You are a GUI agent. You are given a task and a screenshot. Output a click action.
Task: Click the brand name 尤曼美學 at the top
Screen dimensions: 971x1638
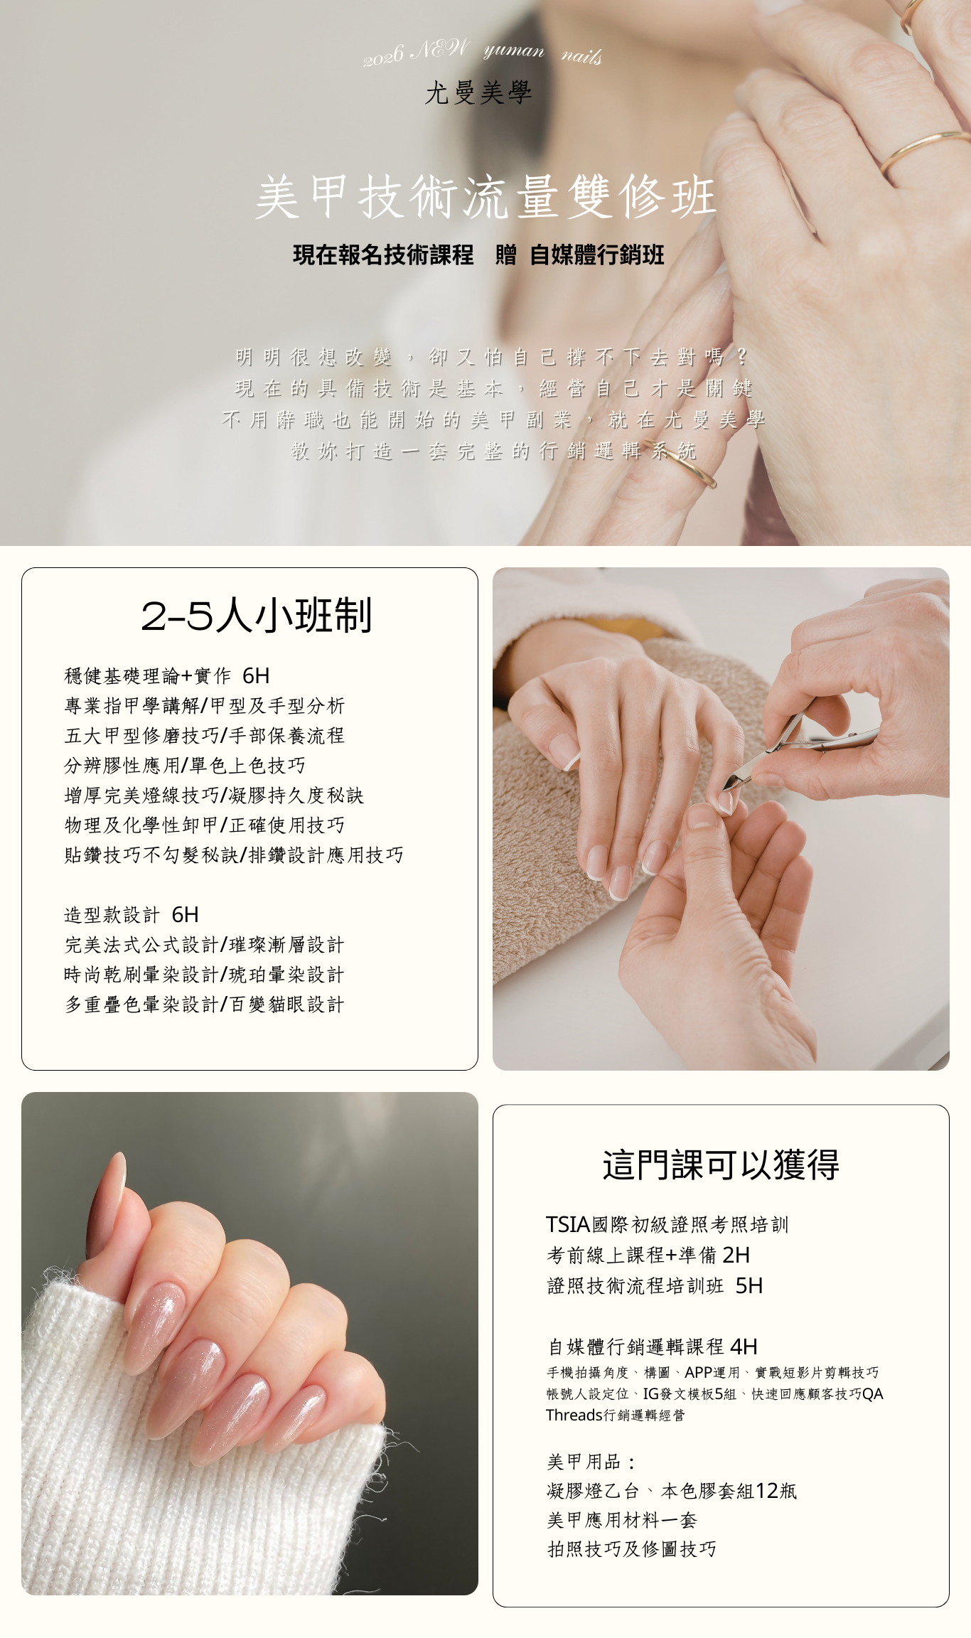click(x=478, y=92)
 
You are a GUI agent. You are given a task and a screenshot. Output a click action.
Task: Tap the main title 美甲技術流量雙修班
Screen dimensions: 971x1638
click(x=485, y=196)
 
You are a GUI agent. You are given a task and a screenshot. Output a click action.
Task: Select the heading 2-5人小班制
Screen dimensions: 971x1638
click(x=257, y=615)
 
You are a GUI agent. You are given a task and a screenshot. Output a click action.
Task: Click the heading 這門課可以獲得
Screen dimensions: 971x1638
click(x=721, y=1165)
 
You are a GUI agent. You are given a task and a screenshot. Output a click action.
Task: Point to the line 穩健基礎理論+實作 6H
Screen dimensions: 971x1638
click(x=167, y=675)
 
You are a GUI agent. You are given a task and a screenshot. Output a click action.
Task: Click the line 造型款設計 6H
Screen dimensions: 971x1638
click(x=132, y=914)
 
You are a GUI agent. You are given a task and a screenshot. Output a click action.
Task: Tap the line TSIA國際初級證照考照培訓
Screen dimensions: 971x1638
click(x=667, y=1224)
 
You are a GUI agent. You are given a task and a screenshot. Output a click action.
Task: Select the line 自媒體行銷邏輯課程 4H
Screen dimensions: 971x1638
click(x=653, y=1347)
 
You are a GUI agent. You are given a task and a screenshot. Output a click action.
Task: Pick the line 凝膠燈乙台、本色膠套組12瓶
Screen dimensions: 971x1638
click(x=672, y=1491)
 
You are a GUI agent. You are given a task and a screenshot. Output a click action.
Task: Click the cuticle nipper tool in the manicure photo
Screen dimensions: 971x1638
click(x=800, y=751)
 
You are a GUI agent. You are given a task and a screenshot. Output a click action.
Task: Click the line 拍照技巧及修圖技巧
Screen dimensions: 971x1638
click(x=631, y=1549)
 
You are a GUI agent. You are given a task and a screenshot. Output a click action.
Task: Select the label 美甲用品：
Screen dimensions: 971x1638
click(x=591, y=1462)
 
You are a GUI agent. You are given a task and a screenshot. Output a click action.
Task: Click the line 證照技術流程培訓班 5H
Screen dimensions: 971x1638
click(x=655, y=1285)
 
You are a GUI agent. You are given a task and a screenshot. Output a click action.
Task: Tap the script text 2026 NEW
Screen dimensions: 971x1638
click(x=417, y=52)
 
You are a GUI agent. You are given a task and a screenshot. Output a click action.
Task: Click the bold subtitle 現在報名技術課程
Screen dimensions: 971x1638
click(x=383, y=255)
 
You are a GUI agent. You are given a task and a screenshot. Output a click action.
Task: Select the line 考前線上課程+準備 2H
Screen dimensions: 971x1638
click(x=648, y=1255)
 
